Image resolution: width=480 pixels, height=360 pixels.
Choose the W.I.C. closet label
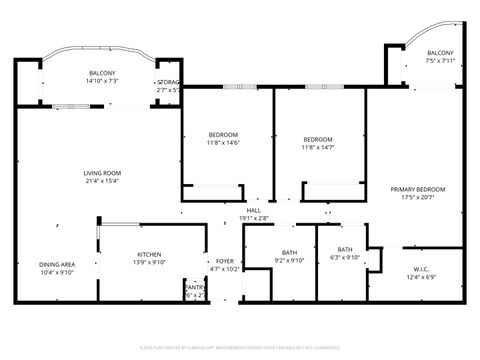(x=421, y=268)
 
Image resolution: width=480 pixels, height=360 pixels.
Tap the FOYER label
(x=224, y=260)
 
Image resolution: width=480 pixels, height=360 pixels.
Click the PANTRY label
(x=194, y=286)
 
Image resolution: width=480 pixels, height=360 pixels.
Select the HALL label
(x=254, y=210)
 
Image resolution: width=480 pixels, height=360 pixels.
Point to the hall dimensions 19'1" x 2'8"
(x=254, y=218)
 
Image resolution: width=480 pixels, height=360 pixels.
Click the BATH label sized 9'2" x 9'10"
(x=289, y=252)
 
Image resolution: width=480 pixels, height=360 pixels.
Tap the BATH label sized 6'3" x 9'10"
(x=345, y=249)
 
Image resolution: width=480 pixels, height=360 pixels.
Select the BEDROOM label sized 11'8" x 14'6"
(x=223, y=135)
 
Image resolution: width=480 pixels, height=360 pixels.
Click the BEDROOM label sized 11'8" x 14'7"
(x=318, y=139)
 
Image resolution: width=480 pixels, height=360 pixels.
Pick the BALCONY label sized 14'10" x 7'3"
(x=102, y=73)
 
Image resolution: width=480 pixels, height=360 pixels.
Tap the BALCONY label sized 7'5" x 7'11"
(x=440, y=53)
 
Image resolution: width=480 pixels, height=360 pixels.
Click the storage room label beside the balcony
(x=167, y=82)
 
